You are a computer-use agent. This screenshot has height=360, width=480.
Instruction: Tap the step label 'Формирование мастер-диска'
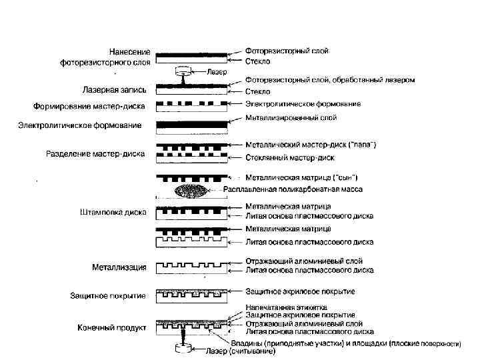point(92,106)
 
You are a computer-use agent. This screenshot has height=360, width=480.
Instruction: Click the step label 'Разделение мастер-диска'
point(95,154)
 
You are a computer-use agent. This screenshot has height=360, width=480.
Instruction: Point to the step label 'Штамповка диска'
point(109,213)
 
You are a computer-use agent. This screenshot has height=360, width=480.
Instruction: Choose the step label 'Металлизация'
point(119,267)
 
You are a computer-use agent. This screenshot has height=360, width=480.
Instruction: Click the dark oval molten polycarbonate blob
point(193,191)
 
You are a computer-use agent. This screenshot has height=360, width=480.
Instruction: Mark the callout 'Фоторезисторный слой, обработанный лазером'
point(330,80)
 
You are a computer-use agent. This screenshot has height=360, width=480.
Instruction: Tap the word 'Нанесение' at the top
point(130,51)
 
